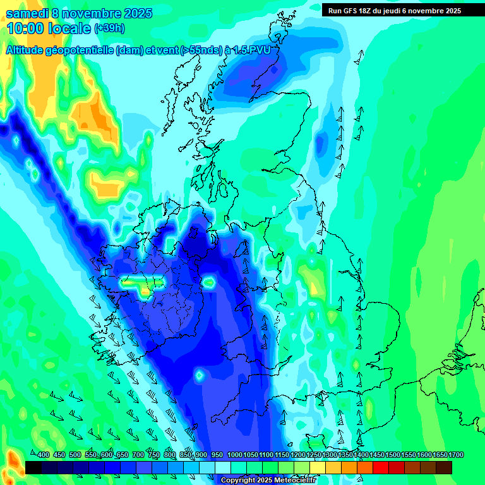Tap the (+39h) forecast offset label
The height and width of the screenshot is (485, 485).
tap(109, 28)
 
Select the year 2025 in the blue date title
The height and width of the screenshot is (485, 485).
tap(133, 13)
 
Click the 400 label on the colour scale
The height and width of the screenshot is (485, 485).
tap(43, 455)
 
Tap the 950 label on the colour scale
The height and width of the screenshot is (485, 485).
tap(217, 455)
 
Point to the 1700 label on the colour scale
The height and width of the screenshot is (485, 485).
tap(456, 455)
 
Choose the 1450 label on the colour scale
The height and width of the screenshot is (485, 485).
tap(377, 455)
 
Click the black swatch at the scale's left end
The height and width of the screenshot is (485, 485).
tap(33, 467)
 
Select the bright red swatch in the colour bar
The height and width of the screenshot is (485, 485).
tap(380, 467)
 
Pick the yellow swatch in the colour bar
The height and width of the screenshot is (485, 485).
tap(318, 467)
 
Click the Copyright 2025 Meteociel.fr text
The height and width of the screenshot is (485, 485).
tap(268, 481)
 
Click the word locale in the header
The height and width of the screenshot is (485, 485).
tap(69, 28)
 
